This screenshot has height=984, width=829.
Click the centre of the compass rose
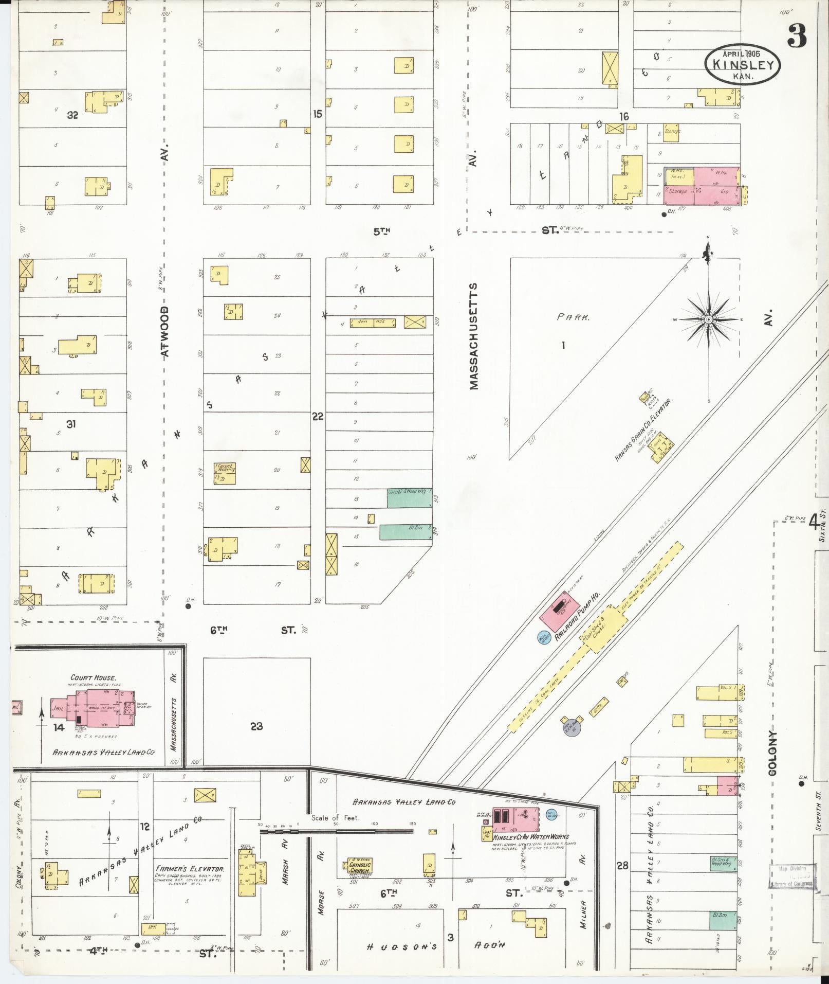[708, 320]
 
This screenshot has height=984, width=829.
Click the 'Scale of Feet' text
[335, 818]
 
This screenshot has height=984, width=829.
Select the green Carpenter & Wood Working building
[409, 498]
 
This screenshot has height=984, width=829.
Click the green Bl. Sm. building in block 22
[405, 532]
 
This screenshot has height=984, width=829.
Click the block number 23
[256, 726]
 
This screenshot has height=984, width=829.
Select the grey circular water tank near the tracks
[572, 726]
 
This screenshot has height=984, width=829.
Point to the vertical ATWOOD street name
[164, 332]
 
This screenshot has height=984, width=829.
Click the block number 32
[72, 115]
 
